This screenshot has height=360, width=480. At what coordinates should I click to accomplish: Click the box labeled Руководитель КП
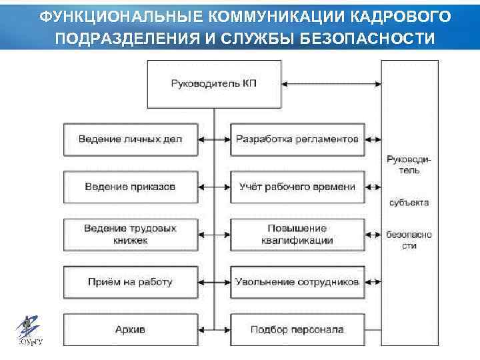point(213,83)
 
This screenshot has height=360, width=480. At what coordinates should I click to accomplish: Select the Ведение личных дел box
point(131,139)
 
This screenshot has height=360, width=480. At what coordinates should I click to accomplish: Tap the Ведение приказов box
point(131,187)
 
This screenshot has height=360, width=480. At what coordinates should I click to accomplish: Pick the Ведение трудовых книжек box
point(131,234)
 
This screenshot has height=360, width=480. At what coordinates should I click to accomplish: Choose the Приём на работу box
point(131,281)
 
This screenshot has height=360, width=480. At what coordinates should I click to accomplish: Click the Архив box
point(131,329)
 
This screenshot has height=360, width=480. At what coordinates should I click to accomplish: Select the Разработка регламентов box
point(297,139)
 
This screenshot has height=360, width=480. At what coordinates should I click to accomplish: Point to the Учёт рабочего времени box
point(297,187)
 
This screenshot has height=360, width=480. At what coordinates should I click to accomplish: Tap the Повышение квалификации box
point(297,234)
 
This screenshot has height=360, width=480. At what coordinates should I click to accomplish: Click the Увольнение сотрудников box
point(297,281)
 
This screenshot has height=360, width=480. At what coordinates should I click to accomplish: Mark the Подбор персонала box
point(297,329)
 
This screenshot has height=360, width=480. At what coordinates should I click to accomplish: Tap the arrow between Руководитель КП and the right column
point(331,84)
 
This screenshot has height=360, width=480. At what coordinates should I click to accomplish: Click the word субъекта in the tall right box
point(409,202)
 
